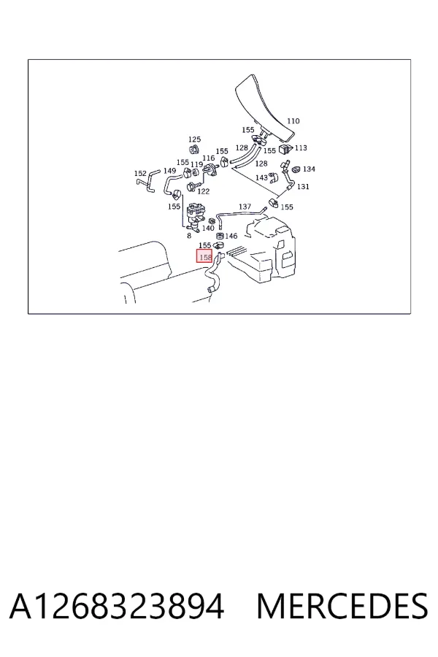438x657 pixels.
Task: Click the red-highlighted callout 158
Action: point(205,256)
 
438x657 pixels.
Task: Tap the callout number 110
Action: point(293,121)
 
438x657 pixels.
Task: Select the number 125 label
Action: point(194,139)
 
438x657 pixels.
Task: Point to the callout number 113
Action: point(301,148)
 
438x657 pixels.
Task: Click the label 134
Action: point(309,169)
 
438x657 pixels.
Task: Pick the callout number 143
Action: point(261,177)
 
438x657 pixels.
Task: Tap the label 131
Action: point(303,186)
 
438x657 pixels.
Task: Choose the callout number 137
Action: point(245,207)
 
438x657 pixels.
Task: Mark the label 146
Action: point(231,237)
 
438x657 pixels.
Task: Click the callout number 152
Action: point(140,174)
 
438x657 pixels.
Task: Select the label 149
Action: point(169,171)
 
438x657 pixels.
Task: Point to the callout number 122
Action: point(203,191)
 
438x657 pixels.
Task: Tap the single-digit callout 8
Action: point(189,236)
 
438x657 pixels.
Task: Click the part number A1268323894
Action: point(117,607)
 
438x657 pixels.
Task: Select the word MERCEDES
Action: point(342,607)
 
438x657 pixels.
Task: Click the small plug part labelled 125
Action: point(194,150)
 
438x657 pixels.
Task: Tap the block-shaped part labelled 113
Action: point(285,148)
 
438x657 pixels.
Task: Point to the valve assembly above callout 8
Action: point(196,216)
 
